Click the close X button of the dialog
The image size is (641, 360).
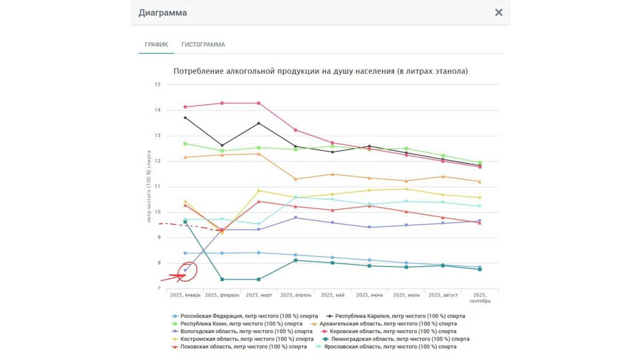click(498, 12)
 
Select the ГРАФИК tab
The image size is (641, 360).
click(157, 45)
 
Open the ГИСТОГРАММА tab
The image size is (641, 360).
click(203, 45)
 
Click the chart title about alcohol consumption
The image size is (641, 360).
click(320, 71)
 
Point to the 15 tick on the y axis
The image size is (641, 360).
click(158, 85)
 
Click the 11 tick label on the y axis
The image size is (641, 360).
click(158, 187)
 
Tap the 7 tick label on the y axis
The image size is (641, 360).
click(158, 288)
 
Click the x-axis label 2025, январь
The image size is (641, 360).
click(185, 295)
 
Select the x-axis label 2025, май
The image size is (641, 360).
click(332, 295)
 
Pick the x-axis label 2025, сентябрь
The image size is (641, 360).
click(480, 298)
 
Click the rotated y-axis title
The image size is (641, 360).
click(149, 186)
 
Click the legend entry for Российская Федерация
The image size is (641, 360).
click(249, 316)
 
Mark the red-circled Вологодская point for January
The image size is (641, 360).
click(185, 271)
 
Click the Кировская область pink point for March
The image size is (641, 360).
click(259, 103)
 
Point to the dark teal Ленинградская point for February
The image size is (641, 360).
click(222, 279)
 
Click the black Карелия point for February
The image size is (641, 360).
click(222, 145)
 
